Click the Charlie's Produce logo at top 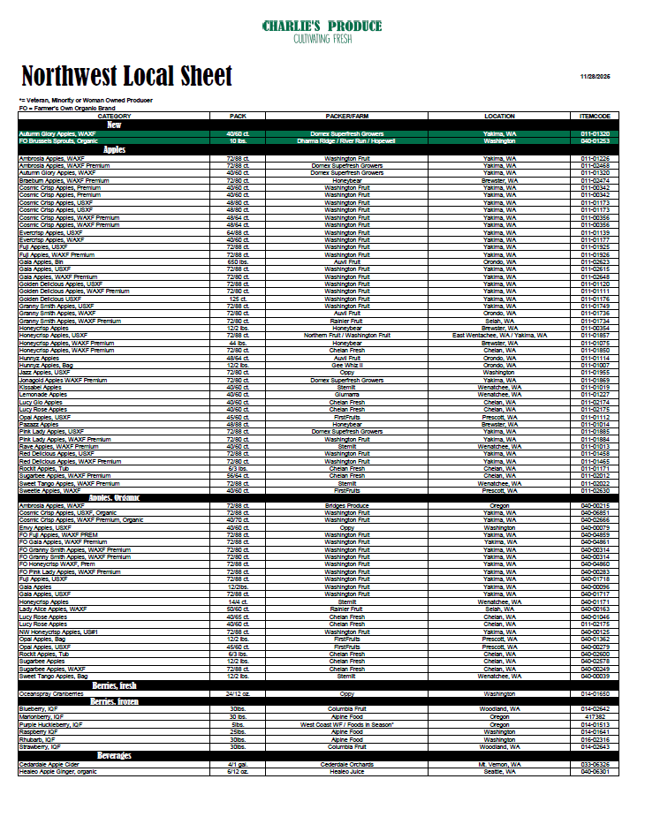(322, 32)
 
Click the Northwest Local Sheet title (126, 75)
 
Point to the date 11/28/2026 (595, 77)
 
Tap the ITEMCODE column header (595, 116)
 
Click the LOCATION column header (499, 116)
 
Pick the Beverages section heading (114, 756)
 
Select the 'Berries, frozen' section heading (114, 701)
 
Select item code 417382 (595, 716)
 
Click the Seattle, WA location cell (499, 772)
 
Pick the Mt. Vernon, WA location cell (499, 764)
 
